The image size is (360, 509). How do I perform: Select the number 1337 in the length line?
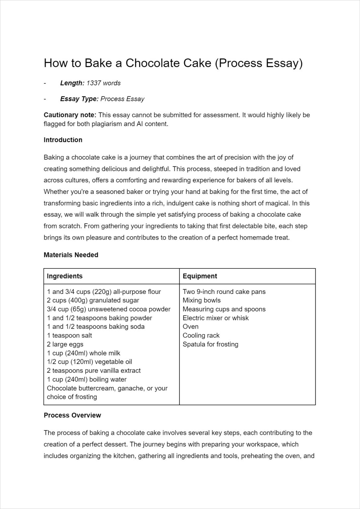click(x=93, y=83)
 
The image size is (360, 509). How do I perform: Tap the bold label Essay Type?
click(x=79, y=99)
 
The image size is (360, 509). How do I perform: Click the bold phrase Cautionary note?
click(x=70, y=115)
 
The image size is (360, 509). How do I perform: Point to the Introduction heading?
click(x=63, y=140)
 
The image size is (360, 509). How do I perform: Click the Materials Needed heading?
click(x=71, y=255)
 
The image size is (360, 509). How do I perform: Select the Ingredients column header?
click(x=65, y=276)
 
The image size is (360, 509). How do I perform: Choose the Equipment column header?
click(x=200, y=276)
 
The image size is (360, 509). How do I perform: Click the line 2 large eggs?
click(x=65, y=344)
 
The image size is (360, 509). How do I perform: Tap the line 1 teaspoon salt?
click(x=69, y=335)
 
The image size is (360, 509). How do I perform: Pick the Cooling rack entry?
click(x=201, y=335)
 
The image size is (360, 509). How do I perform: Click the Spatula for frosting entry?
click(x=210, y=344)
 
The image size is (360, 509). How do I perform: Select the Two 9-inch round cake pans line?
click(x=224, y=292)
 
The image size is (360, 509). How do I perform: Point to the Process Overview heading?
click(x=72, y=415)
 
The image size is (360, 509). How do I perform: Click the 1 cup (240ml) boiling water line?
click(x=87, y=379)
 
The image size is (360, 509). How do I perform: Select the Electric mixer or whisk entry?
click(x=215, y=318)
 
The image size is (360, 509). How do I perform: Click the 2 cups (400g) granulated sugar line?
click(x=93, y=301)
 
